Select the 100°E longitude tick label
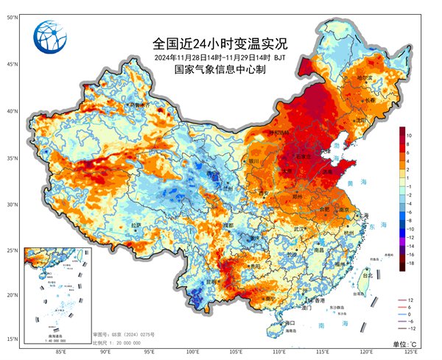pyautogui.click(x=192, y=353)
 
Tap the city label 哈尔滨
pyautogui.click(x=366, y=77)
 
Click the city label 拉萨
pyautogui.click(x=136, y=225)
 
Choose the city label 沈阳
pyautogui.click(x=360, y=119)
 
